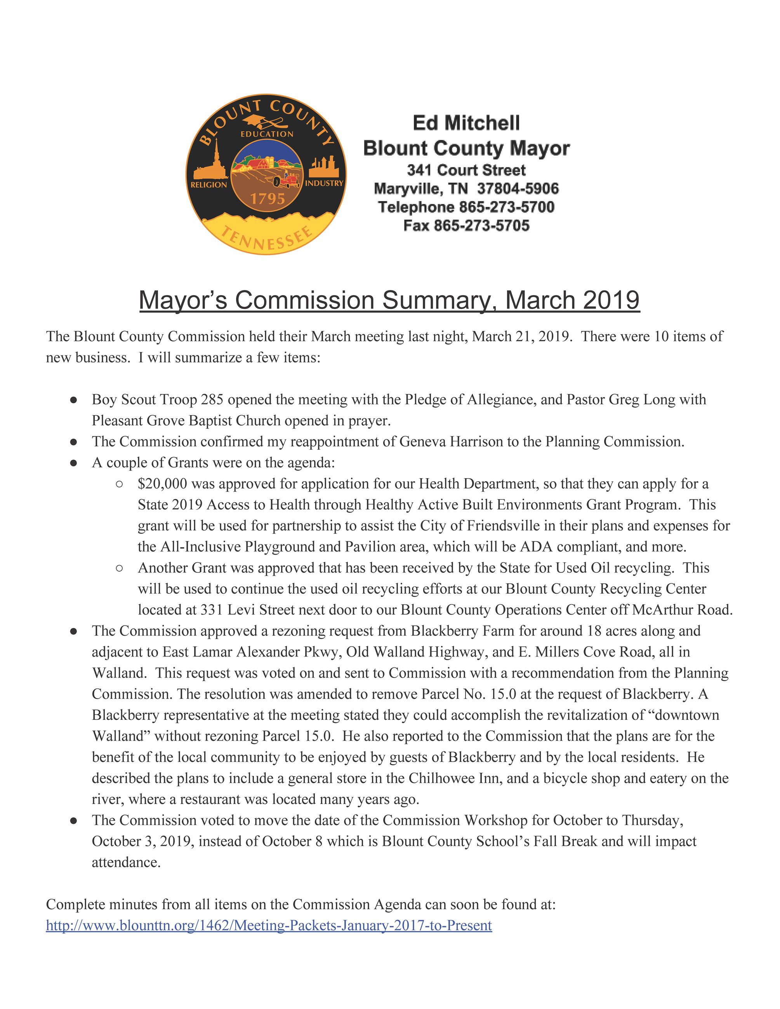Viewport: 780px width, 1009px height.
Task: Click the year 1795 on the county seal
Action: (x=268, y=199)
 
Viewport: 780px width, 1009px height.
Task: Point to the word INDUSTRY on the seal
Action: (x=324, y=184)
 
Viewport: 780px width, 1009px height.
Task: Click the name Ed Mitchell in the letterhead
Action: (x=466, y=123)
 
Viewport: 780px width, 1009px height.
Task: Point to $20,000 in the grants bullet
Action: (x=162, y=484)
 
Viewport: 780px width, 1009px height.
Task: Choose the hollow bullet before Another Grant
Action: (x=119, y=568)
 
